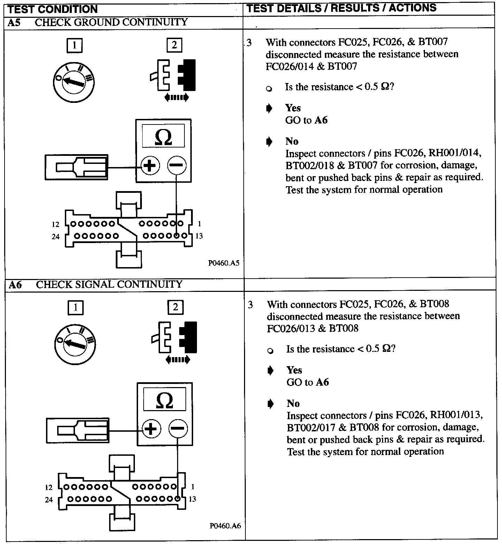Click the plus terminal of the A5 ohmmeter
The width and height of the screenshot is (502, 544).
pyautogui.click(x=150, y=165)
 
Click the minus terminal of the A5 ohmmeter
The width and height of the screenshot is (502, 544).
pyautogui.click(x=177, y=165)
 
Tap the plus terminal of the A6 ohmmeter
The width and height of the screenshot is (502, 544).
pyautogui.click(x=151, y=428)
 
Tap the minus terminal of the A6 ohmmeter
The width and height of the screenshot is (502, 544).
pyautogui.click(x=178, y=428)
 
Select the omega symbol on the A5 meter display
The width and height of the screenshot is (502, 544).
pyautogui.click(x=163, y=137)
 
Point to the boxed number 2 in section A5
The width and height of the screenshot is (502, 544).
pyautogui.click(x=174, y=45)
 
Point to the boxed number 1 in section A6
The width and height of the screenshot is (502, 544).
pyautogui.click(x=75, y=308)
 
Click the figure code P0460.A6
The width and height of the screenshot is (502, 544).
pyautogui.click(x=225, y=526)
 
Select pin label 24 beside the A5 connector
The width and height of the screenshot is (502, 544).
pyautogui.click(x=55, y=237)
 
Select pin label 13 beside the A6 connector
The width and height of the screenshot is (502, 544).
pyautogui.click(x=192, y=499)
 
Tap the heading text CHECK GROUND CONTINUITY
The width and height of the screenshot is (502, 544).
pyautogui.click(x=111, y=22)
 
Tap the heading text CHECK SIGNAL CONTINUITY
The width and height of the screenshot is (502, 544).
pyautogui.click(x=109, y=285)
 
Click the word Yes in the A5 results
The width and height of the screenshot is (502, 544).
pyautogui.click(x=293, y=108)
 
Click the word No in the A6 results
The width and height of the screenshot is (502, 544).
pyautogui.click(x=293, y=403)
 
